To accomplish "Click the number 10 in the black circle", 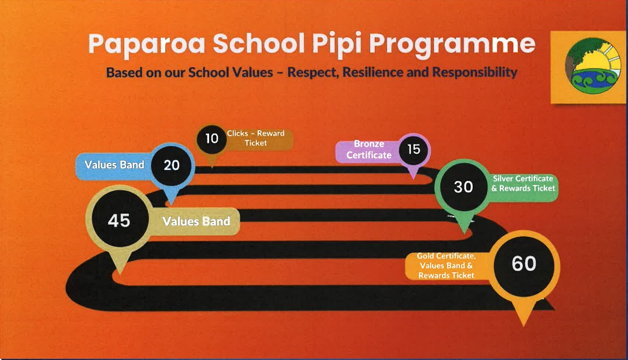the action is pos(211,139).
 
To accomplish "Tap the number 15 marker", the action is pos(413,149).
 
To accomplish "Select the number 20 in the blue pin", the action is pos(172,165).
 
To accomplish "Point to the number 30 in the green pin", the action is pos(463,187).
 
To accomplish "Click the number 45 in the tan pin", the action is pos(119,220).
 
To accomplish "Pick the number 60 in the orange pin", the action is pos(524,263).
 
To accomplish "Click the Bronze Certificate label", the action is pos(369,149).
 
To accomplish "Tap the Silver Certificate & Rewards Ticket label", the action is pos(523,183).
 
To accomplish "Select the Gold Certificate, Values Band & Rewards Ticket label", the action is pos(446,265).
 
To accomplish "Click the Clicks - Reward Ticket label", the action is pos(255,138).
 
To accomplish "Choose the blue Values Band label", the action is pos(114,165).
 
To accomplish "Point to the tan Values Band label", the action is pos(196,221).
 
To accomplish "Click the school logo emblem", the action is pos(592,66).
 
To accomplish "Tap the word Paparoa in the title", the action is pos(147,44).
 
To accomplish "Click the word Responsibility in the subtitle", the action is pos(474,72).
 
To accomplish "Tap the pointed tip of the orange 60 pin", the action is pos(524,326).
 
